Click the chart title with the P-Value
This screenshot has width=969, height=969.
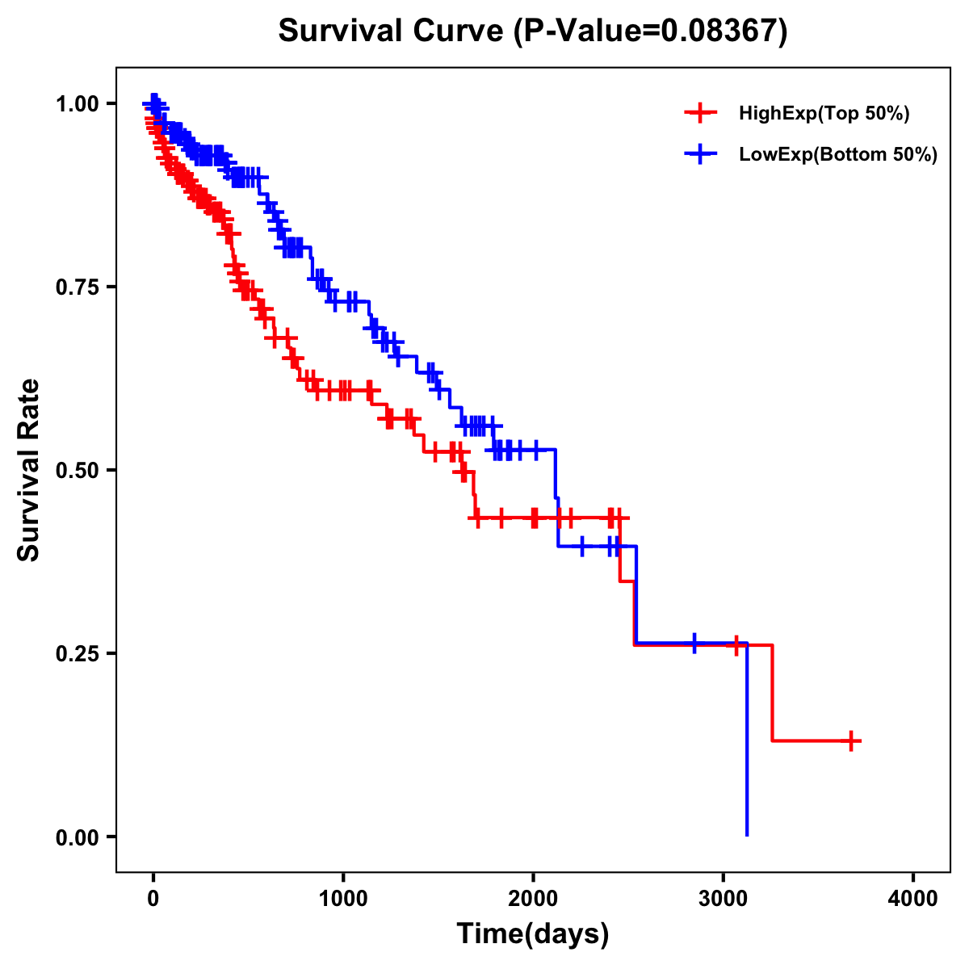[532, 31]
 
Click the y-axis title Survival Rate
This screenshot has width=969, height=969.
[29, 469]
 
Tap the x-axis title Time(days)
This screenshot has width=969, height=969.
[532, 933]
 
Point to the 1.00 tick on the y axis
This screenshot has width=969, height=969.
[77, 103]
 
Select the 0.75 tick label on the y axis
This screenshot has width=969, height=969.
[77, 287]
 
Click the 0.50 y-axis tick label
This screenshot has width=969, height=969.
[77, 470]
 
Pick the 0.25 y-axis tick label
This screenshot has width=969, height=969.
[77, 653]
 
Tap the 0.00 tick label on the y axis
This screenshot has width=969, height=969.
[77, 837]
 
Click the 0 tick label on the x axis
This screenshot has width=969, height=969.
[153, 899]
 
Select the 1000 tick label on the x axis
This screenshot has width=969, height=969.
[343, 899]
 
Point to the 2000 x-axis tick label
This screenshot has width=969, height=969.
[533, 899]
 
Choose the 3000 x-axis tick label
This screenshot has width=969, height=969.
[724, 899]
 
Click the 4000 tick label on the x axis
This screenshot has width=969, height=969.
[913, 899]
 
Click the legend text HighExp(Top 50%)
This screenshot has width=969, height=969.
[824, 114]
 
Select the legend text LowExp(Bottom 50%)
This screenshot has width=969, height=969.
[838, 155]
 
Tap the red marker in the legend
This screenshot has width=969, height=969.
[700, 113]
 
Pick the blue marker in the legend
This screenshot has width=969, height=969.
[700, 154]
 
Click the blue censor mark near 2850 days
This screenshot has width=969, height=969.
[694, 644]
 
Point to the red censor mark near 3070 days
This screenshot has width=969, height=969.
[736, 645]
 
